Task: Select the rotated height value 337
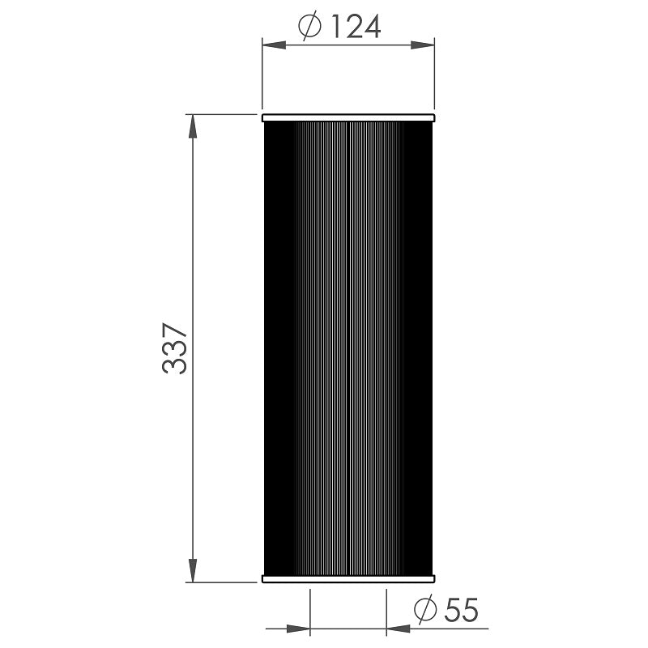175,349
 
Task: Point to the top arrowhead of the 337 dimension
193,126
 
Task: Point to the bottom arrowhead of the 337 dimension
193,571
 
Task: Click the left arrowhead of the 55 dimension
301,628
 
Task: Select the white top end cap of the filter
349,119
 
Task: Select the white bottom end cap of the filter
349,578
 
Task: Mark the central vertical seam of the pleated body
347,348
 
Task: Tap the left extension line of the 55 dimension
311,612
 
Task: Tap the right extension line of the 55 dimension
386,612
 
